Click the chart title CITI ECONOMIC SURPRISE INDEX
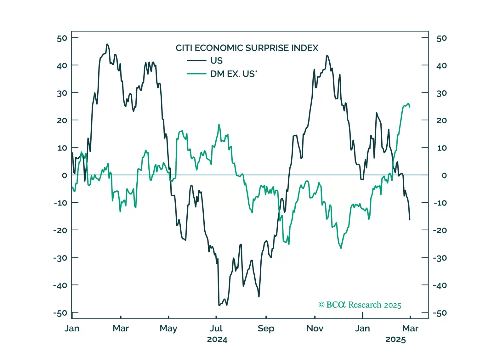247,48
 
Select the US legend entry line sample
196,60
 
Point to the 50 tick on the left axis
62,38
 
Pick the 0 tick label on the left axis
64,175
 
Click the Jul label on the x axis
216,329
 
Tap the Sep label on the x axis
266,329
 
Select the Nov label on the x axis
315,329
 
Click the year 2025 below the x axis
395,340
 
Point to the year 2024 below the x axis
217,340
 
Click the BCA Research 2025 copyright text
360,305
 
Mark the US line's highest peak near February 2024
107,44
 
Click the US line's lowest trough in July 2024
219,305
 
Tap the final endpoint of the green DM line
410,107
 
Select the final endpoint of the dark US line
410,220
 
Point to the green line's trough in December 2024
341,248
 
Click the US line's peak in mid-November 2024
327,56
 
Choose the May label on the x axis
168,329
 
